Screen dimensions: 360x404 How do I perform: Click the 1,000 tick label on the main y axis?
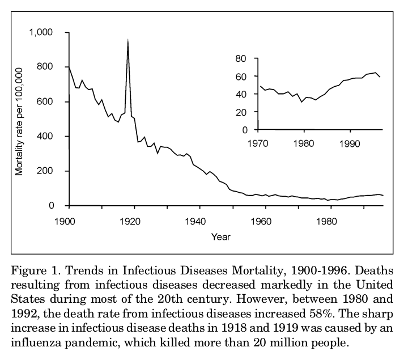point(41,32)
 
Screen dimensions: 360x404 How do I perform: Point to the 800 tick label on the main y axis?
point(45,67)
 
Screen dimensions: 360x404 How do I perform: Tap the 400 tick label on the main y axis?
point(45,136)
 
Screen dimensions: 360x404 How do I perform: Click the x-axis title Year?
point(221,237)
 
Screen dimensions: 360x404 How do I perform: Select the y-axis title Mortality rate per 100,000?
point(20,121)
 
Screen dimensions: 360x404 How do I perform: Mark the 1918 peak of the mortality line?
point(128,40)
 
